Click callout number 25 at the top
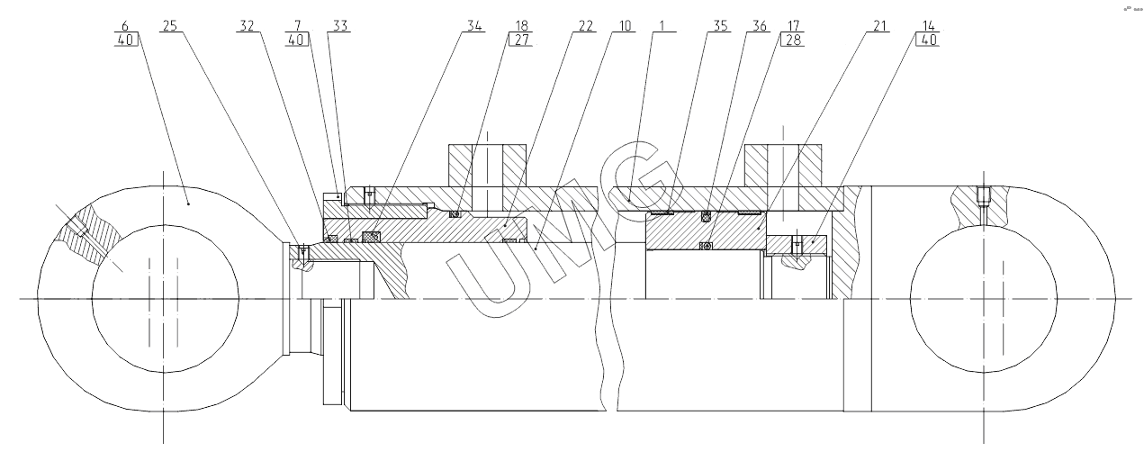pyautogui.click(x=168, y=26)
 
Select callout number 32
pyautogui.click(x=247, y=26)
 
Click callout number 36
pyautogui.click(x=761, y=26)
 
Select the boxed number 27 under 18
pyautogui.click(x=520, y=40)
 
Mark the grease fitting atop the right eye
pyautogui.click(x=985, y=194)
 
